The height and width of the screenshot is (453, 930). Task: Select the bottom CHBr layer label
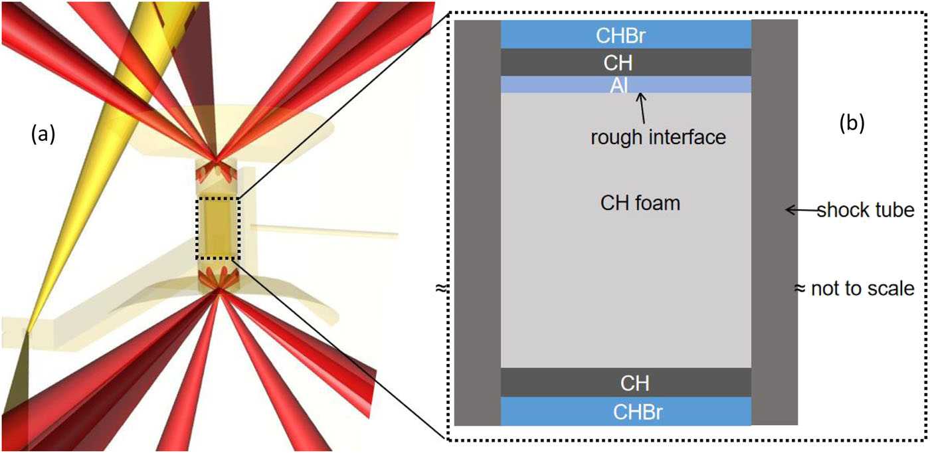(625, 412)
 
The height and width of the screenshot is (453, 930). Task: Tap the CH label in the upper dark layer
(625, 63)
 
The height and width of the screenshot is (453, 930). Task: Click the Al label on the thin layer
(625, 84)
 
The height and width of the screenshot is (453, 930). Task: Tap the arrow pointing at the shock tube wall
(800, 211)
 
